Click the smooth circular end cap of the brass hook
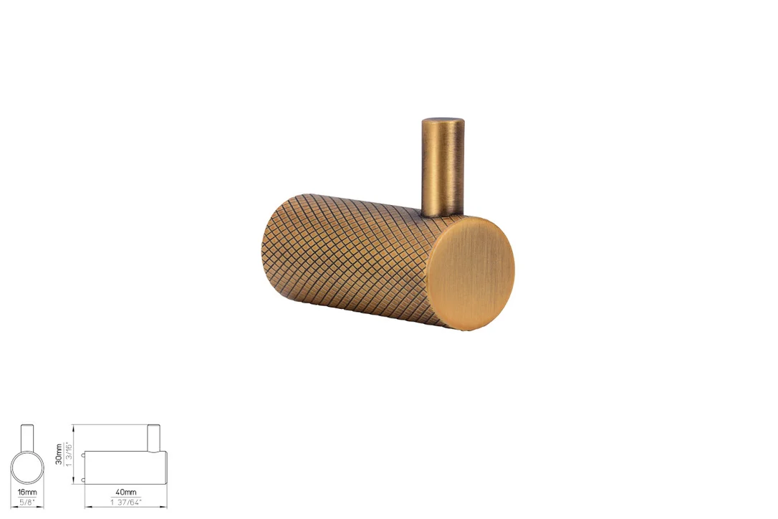click(471, 273)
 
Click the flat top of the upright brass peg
click(443, 120)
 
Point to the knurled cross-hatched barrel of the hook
click(347, 258)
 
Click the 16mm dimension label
click(27, 492)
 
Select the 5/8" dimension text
click(27, 502)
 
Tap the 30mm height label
click(59, 454)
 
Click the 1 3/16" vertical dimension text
click(69, 454)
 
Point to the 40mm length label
click(126, 492)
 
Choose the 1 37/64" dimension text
click(126, 502)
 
